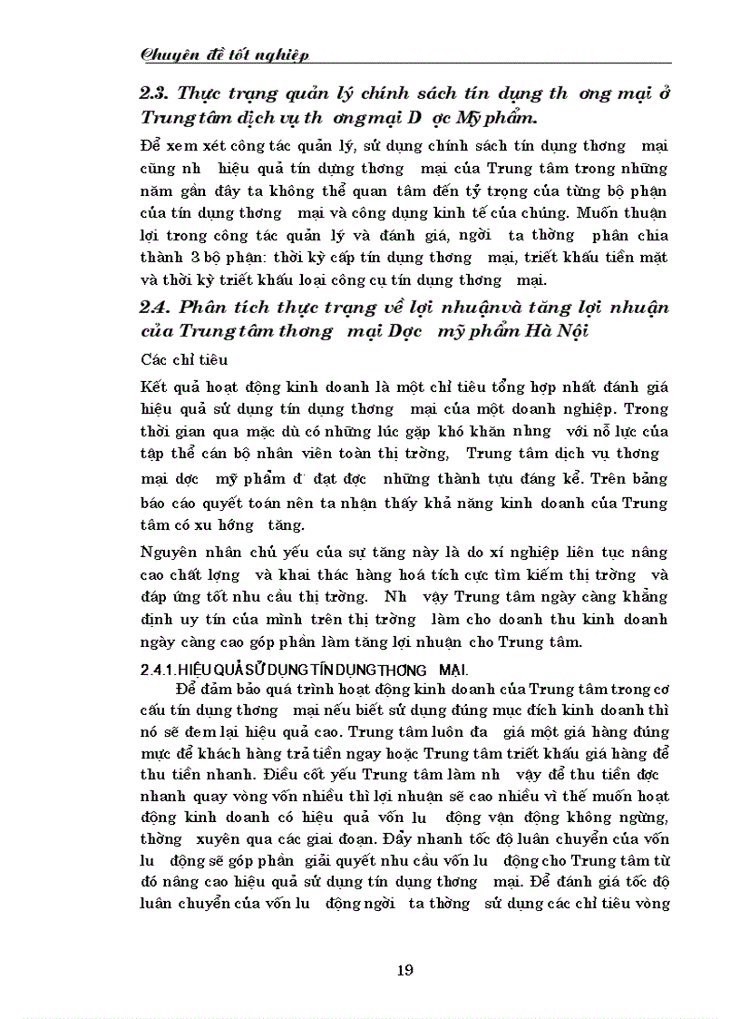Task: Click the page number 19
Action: (405, 970)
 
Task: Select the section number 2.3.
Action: (155, 93)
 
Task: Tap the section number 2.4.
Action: (155, 308)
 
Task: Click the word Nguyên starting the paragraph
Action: (169, 554)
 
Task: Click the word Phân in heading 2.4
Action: (203, 308)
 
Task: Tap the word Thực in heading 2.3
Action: (205, 93)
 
